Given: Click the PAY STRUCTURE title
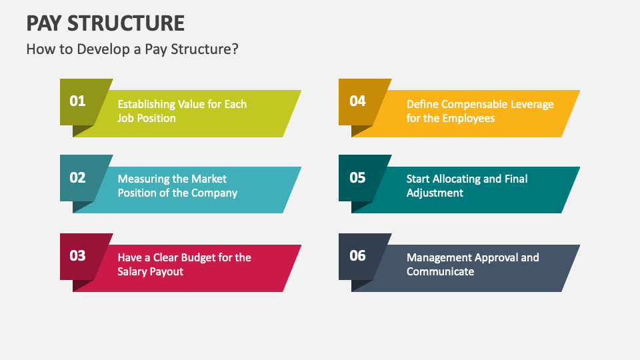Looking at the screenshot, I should pyautogui.click(x=105, y=23).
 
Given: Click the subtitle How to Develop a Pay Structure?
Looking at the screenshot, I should pyautogui.click(x=132, y=49).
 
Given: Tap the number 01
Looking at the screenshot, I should pyautogui.click(x=78, y=101).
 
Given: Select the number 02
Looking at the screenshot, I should pyautogui.click(x=78, y=178).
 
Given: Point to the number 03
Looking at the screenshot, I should pyautogui.click(x=78, y=255).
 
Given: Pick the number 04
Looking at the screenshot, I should pyautogui.click(x=358, y=101).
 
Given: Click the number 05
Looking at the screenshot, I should pyautogui.click(x=358, y=178).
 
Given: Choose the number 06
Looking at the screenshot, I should pyautogui.click(x=358, y=255).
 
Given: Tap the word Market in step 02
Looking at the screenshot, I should pyautogui.click(x=209, y=179).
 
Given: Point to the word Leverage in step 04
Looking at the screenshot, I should pyautogui.click(x=529, y=104).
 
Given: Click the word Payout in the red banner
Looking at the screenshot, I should pyautogui.click(x=166, y=271).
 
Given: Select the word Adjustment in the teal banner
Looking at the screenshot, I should pyautogui.click(x=435, y=193).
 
